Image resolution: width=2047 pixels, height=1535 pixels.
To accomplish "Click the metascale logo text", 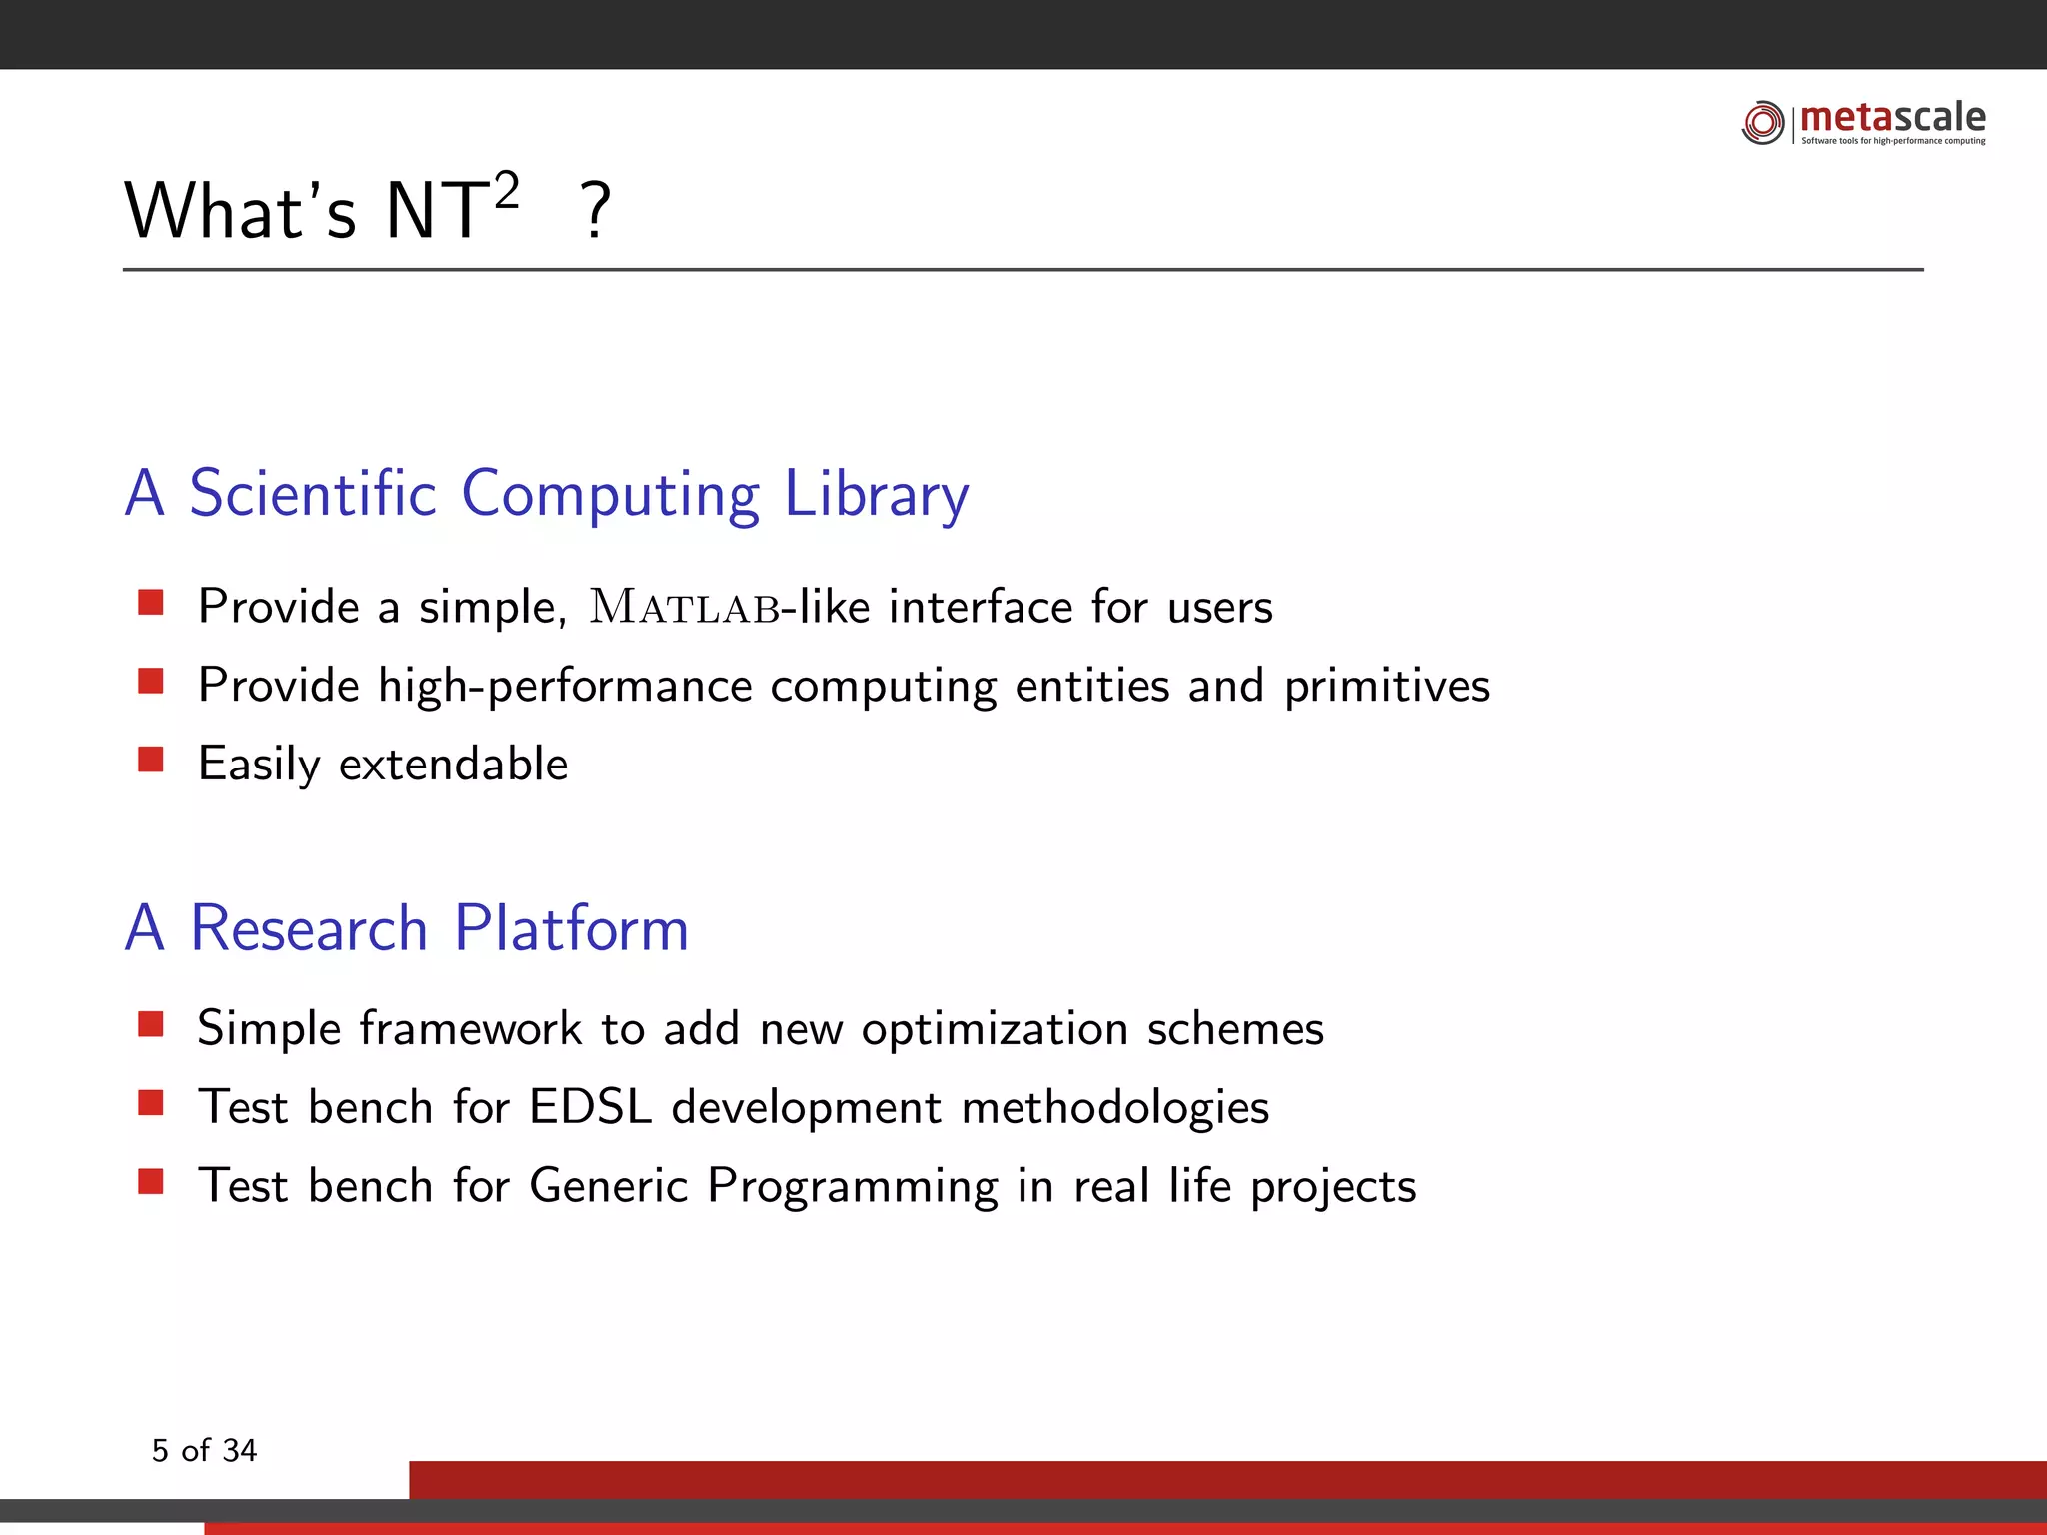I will [1892, 118].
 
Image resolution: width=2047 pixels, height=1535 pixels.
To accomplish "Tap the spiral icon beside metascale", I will [1763, 122].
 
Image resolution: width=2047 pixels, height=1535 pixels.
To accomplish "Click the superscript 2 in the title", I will [507, 189].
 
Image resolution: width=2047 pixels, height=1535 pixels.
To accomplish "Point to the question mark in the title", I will [596, 211].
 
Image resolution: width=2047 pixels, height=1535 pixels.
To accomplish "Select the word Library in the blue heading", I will [876, 495].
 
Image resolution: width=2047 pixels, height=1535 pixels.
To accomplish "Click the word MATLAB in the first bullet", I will [685, 607].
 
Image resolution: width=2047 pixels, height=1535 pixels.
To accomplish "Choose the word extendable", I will [453, 765].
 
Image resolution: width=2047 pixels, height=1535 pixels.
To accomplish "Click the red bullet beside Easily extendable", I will [151, 760].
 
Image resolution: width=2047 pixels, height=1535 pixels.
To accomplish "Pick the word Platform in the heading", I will [571, 928].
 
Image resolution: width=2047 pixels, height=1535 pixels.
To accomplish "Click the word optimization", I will [995, 1029].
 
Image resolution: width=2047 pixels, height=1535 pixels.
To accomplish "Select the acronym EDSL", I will [590, 1107].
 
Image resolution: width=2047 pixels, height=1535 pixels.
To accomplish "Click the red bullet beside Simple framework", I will [151, 1024].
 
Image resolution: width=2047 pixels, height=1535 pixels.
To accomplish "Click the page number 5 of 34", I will [204, 1450].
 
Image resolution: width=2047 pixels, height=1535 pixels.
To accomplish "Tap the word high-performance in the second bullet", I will [565, 687].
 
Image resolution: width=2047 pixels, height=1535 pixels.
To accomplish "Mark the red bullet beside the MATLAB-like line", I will [151, 602].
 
